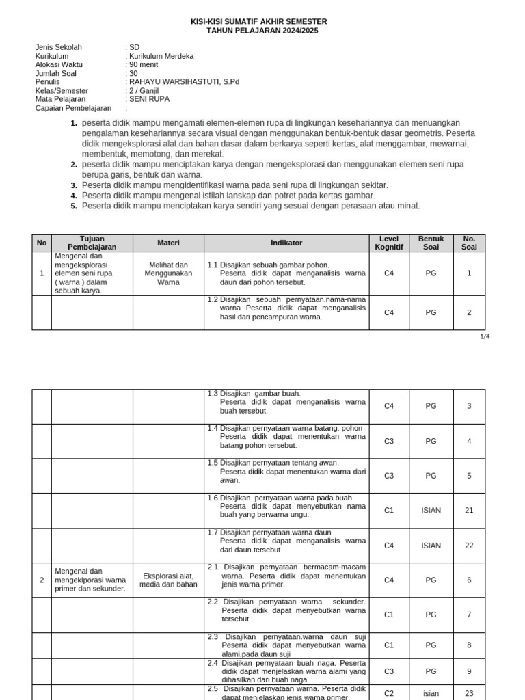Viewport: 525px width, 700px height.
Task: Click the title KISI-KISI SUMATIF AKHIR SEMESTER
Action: pyautogui.click(x=258, y=22)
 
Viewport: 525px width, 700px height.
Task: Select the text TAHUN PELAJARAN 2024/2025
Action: pyautogui.click(x=262, y=31)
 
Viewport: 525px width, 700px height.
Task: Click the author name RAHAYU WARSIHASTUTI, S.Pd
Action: pyautogui.click(x=184, y=82)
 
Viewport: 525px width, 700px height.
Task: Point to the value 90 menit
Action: pyautogui.click(x=144, y=64)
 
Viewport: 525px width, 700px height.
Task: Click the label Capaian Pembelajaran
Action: pyautogui.click(x=73, y=108)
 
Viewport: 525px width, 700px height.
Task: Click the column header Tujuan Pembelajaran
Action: pyautogui.click(x=92, y=243)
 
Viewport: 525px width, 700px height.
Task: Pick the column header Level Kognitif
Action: pyautogui.click(x=389, y=243)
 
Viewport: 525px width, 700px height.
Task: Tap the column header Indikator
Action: pyautogui.click(x=286, y=243)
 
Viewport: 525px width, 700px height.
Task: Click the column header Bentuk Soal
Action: pyautogui.click(x=431, y=243)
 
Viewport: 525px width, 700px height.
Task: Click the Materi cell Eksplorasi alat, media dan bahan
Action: pyautogui.click(x=168, y=580)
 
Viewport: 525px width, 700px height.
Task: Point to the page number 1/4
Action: pyautogui.click(x=485, y=336)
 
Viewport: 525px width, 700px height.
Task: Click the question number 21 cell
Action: pyautogui.click(x=469, y=511)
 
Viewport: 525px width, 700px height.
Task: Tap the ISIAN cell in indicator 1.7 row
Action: pyautogui.click(x=431, y=546)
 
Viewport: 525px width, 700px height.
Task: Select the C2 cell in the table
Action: pyautogui.click(x=389, y=693)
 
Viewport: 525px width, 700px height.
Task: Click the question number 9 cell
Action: pyautogui.click(x=469, y=671)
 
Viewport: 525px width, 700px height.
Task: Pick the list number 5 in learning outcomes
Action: pyautogui.click(x=74, y=206)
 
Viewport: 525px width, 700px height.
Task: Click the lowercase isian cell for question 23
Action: pyautogui.click(x=431, y=693)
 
